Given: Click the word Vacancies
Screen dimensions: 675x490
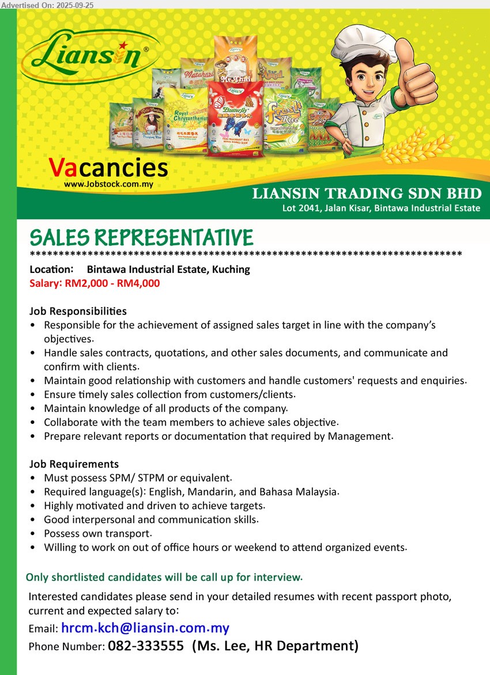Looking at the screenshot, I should point(108,168).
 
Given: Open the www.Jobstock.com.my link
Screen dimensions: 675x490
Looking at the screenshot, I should point(108,185).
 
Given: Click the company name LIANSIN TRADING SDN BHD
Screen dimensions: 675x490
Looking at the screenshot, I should point(367,194).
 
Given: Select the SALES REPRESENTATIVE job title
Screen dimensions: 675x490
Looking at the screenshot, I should point(141,238).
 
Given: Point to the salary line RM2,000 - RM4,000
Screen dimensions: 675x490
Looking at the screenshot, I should point(95,283).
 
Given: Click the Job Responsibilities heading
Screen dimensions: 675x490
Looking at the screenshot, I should point(78,311).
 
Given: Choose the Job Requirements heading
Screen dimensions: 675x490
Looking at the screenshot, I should point(74,464).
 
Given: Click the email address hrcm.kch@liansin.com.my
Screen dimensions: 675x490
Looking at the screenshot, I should point(145,628).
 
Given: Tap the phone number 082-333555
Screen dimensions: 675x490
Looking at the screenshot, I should point(146,646).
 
